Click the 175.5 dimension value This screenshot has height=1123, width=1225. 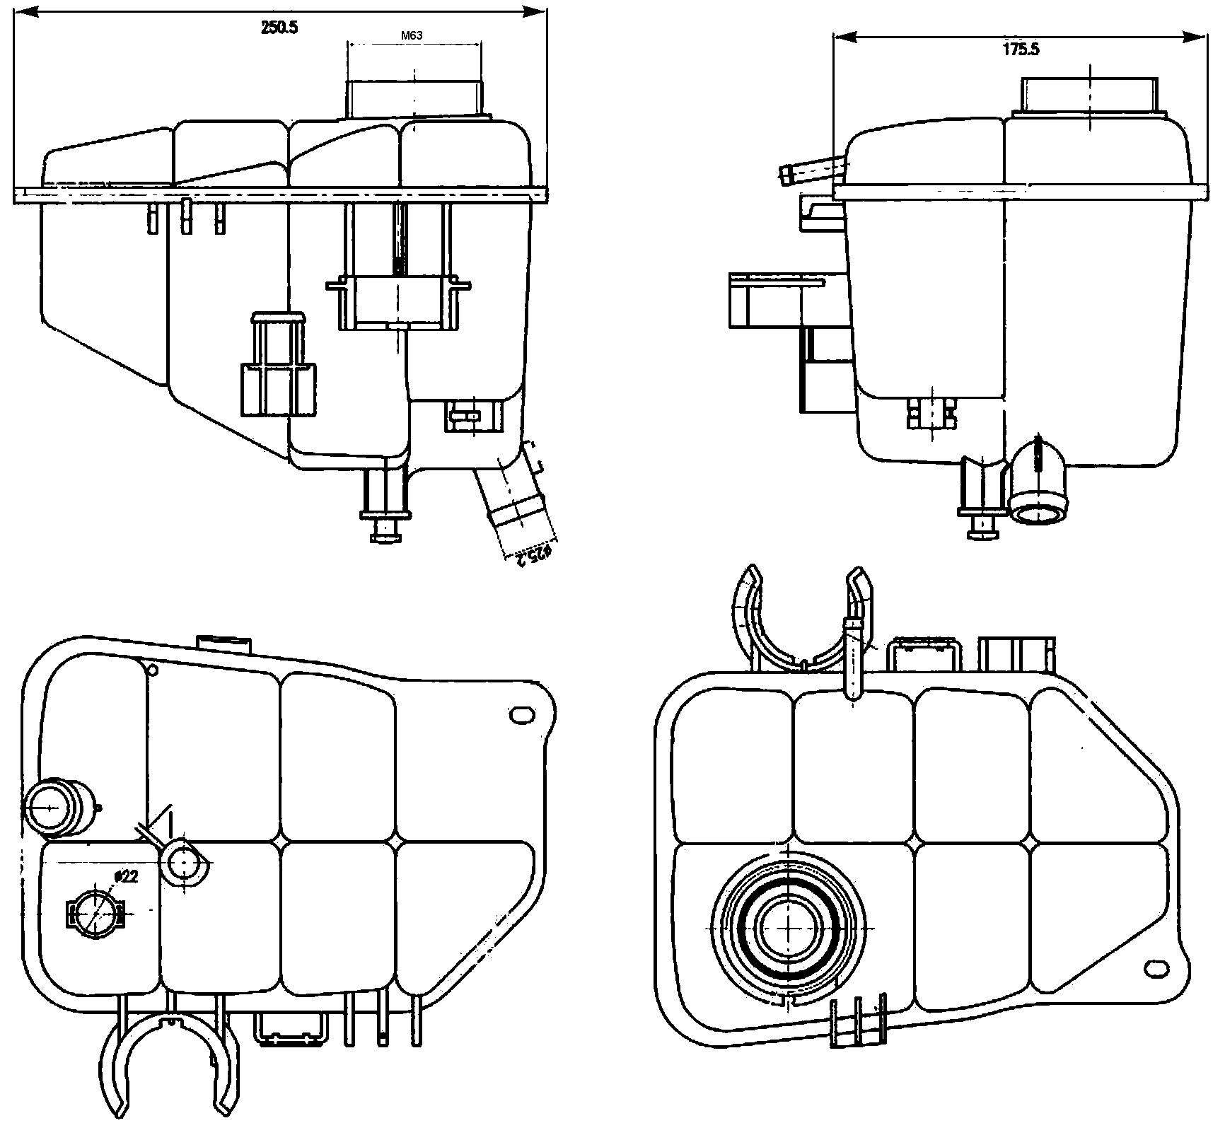1020,50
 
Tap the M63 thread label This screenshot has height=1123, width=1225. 412,34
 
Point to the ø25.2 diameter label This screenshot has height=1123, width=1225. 532,554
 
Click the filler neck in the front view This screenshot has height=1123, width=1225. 414,99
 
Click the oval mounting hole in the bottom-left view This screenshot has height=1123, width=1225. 522,715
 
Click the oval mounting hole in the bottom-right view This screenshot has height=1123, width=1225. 1157,968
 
